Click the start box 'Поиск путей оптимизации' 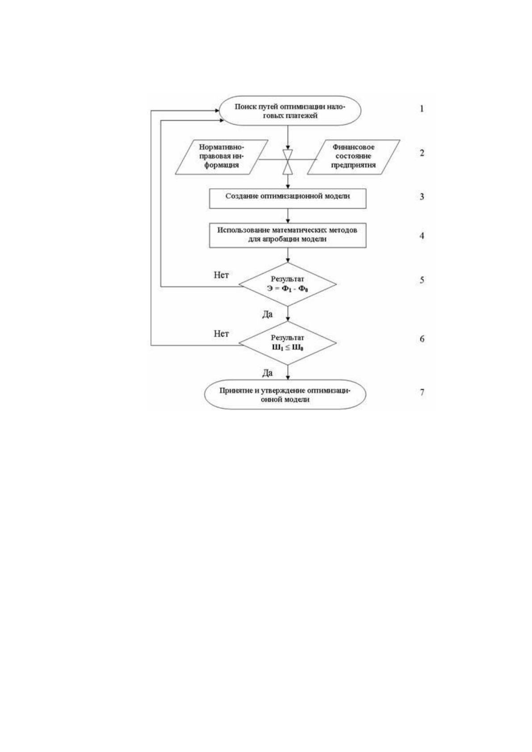290,111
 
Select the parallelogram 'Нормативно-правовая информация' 222,157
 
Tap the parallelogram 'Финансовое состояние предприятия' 354,157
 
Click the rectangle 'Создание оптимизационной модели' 288,198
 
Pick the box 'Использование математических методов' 288,235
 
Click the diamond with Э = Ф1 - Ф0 288,284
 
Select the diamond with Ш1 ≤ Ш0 288,343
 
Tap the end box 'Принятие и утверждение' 285,394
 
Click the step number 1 422,109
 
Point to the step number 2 422,153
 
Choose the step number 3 422,196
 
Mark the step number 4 422,236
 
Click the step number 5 422,280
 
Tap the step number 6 422,339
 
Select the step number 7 422,392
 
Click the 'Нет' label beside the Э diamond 221,275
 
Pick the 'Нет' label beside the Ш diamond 221,334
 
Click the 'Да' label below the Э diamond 268,314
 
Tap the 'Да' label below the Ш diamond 268,373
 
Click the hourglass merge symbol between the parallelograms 288,162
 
